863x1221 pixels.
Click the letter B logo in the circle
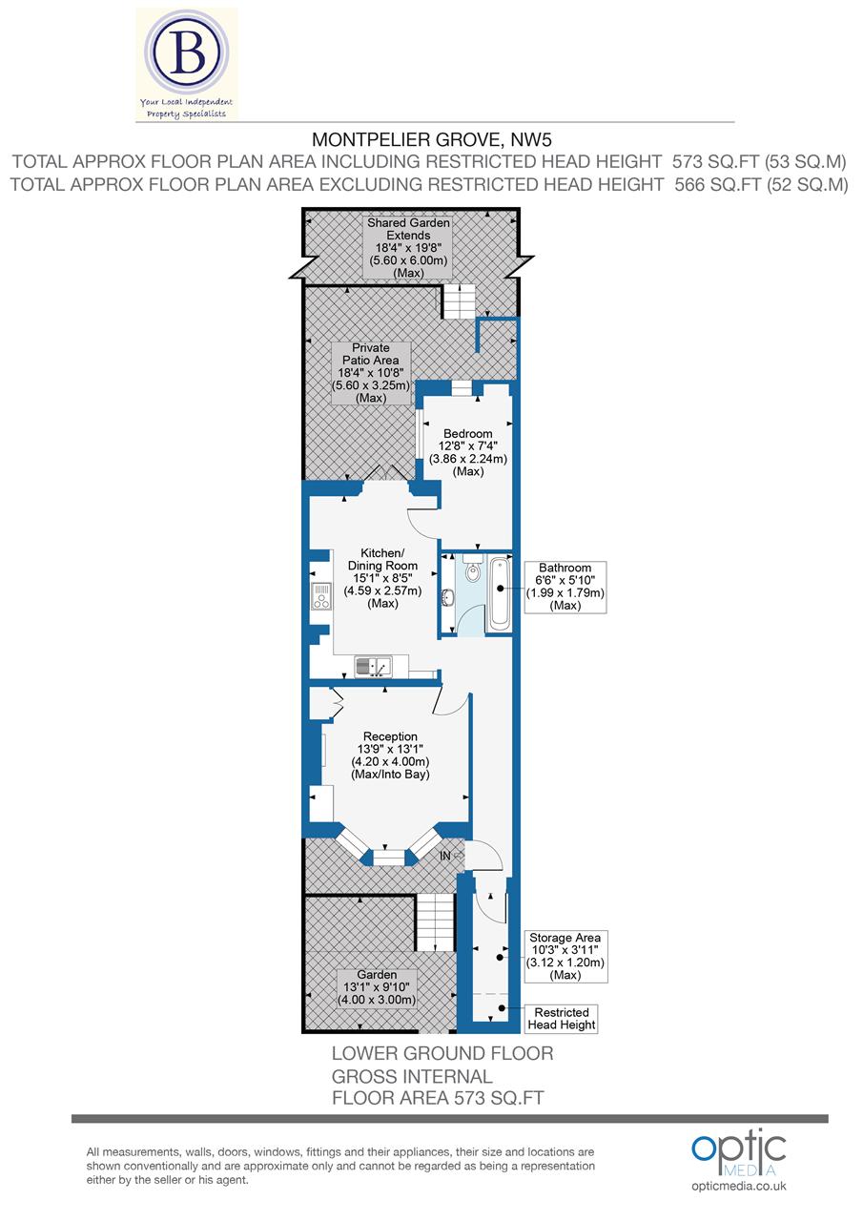pyautogui.click(x=187, y=55)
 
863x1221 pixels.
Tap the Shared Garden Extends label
pyautogui.click(x=410, y=248)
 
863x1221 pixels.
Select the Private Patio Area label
pyautogui.click(x=370, y=373)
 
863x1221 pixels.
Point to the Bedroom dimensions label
pyautogui.click(x=467, y=452)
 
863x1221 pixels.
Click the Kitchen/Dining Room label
pyautogui.click(x=381, y=578)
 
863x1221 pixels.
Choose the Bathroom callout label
pyautogui.click(x=565, y=587)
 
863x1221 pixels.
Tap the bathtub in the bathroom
pyautogui.click(x=500, y=591)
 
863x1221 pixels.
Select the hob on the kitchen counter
pyautogui.click(x=318, y=596)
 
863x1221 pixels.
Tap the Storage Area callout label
pyautogui.click(x=565, y=956)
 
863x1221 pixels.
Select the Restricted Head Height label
pyautogui.click(x=564, y=1018)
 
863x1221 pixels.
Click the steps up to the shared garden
pyautogui.click(x=458, y=301)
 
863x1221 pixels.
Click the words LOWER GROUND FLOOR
pyautogui.click(x=442, y=1054)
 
